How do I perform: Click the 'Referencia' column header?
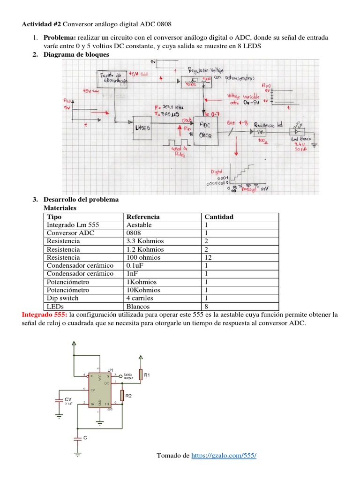[142, 217]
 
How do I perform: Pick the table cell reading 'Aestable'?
[140, 225]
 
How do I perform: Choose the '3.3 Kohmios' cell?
[145, 241]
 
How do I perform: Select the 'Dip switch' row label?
[62, 298]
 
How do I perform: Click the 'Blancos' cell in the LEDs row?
[138, 306]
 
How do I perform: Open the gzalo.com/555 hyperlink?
[224, 456]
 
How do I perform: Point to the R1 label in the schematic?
[147, 375]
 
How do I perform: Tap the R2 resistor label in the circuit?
[128, 396]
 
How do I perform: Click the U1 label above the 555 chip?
[111, 370]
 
